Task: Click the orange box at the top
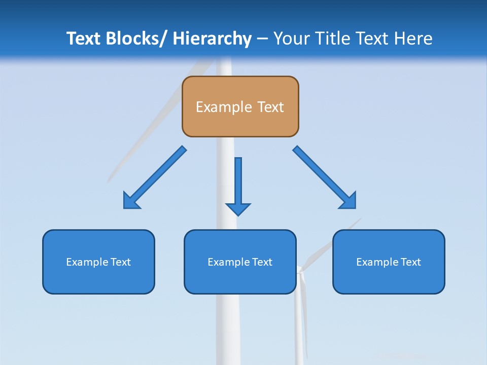coord(240,106)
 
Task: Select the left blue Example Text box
coord(98,262)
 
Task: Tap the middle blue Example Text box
coord(240,262)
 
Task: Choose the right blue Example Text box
coord(389,262)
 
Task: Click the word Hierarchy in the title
coord(212,39)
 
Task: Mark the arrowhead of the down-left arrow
coord(131,201)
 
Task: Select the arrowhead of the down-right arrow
coord(348,201)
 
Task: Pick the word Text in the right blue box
coord(409,262)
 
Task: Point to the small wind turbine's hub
coord(300,270)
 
